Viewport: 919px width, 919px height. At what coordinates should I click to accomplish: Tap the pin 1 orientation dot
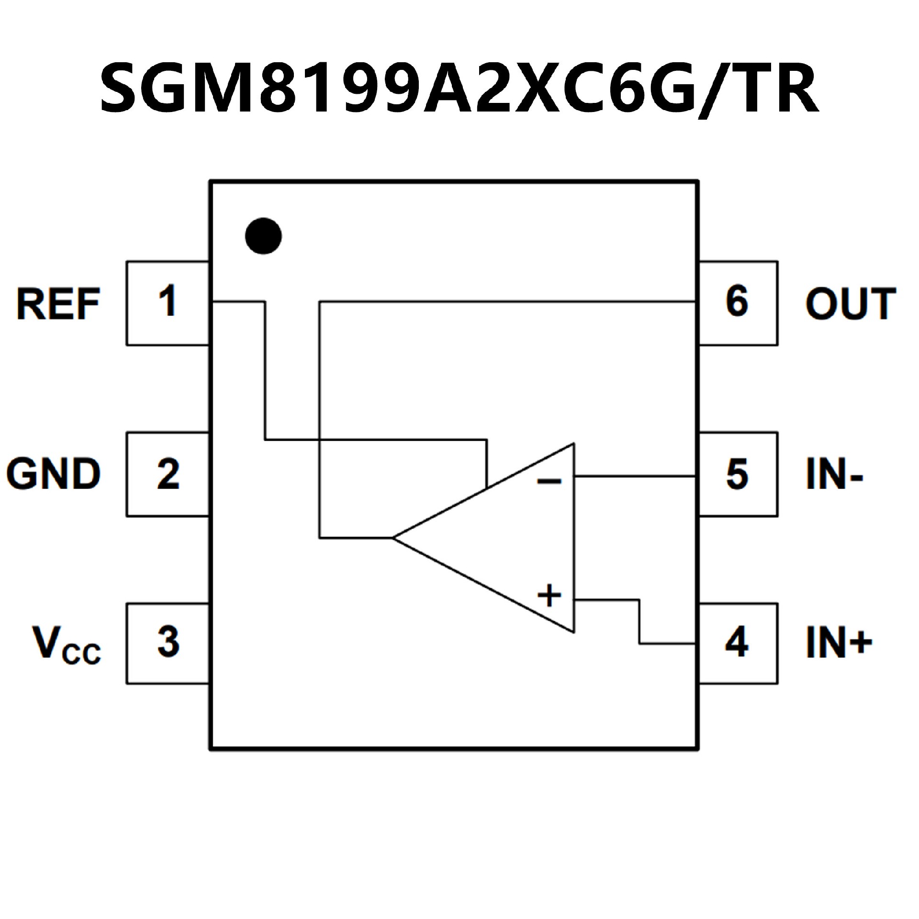(263, 236)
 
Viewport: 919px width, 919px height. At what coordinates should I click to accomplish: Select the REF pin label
(58, 303)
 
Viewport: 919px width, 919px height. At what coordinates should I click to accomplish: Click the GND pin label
(54, 474)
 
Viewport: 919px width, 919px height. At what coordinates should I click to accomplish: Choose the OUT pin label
(851, 303)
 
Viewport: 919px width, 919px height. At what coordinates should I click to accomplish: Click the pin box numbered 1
(168, 303)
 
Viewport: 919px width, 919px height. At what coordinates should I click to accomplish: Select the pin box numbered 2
(168, 474)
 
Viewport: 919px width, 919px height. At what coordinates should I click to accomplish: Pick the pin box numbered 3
(168, 643)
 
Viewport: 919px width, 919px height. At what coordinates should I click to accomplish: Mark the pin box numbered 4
(738, 643)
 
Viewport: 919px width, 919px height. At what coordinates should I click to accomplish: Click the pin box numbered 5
(738, 474)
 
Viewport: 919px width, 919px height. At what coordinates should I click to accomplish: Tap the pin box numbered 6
(738, 303)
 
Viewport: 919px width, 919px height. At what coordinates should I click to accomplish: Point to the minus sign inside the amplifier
(549, 481)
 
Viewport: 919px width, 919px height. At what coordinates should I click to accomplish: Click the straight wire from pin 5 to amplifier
(635, 476)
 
